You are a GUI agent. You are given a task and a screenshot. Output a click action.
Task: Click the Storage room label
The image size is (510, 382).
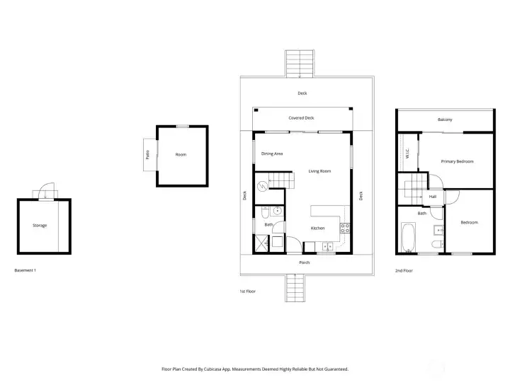pyautogui.click(x=40, y=226)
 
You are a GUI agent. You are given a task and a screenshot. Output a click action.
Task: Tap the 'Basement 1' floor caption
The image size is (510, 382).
pyautogui.click(x=25, y=270)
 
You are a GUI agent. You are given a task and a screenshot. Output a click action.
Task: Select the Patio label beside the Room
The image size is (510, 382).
pyautogui.click(x=147, y=154)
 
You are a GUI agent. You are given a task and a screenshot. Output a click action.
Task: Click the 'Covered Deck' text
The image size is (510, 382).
pyautogui.click(x=301, y=118)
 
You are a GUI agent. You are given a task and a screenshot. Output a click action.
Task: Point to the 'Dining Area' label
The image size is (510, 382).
pyautogui.click(x=272, y=154)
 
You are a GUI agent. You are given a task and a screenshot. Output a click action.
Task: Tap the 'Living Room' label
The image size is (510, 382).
pyautogui.click(x=319, y=171)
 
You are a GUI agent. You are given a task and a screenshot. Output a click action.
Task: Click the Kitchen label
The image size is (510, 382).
pyautogui.click(x=318, y=228)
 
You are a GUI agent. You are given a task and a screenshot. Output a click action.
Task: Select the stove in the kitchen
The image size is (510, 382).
pyautogui.click(x=345, y=228)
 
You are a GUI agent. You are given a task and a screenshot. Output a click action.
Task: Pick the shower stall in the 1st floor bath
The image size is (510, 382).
pyautogui.click(x=262, y=243)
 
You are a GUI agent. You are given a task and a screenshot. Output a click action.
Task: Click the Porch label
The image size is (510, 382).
pyautogui.click(x=305, y=262)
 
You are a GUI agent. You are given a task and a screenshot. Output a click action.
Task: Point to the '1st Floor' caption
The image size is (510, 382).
pyautogui.click(x=247, y=291)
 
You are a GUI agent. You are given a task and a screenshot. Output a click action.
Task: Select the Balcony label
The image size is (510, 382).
pyautogui.click(x=445, y=120)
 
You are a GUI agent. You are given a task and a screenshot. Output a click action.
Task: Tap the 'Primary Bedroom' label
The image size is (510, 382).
pyautogui.click(x=457, y=161)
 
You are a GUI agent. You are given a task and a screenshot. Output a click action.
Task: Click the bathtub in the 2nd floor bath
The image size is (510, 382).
pyautogui.click(x=408, y=237)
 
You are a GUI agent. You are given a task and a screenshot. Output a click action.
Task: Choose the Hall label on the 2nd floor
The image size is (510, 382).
pyautogui.click(x=432, y=197)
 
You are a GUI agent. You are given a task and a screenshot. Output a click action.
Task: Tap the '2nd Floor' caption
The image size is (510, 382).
pyautogui.click(x=404, y=270)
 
